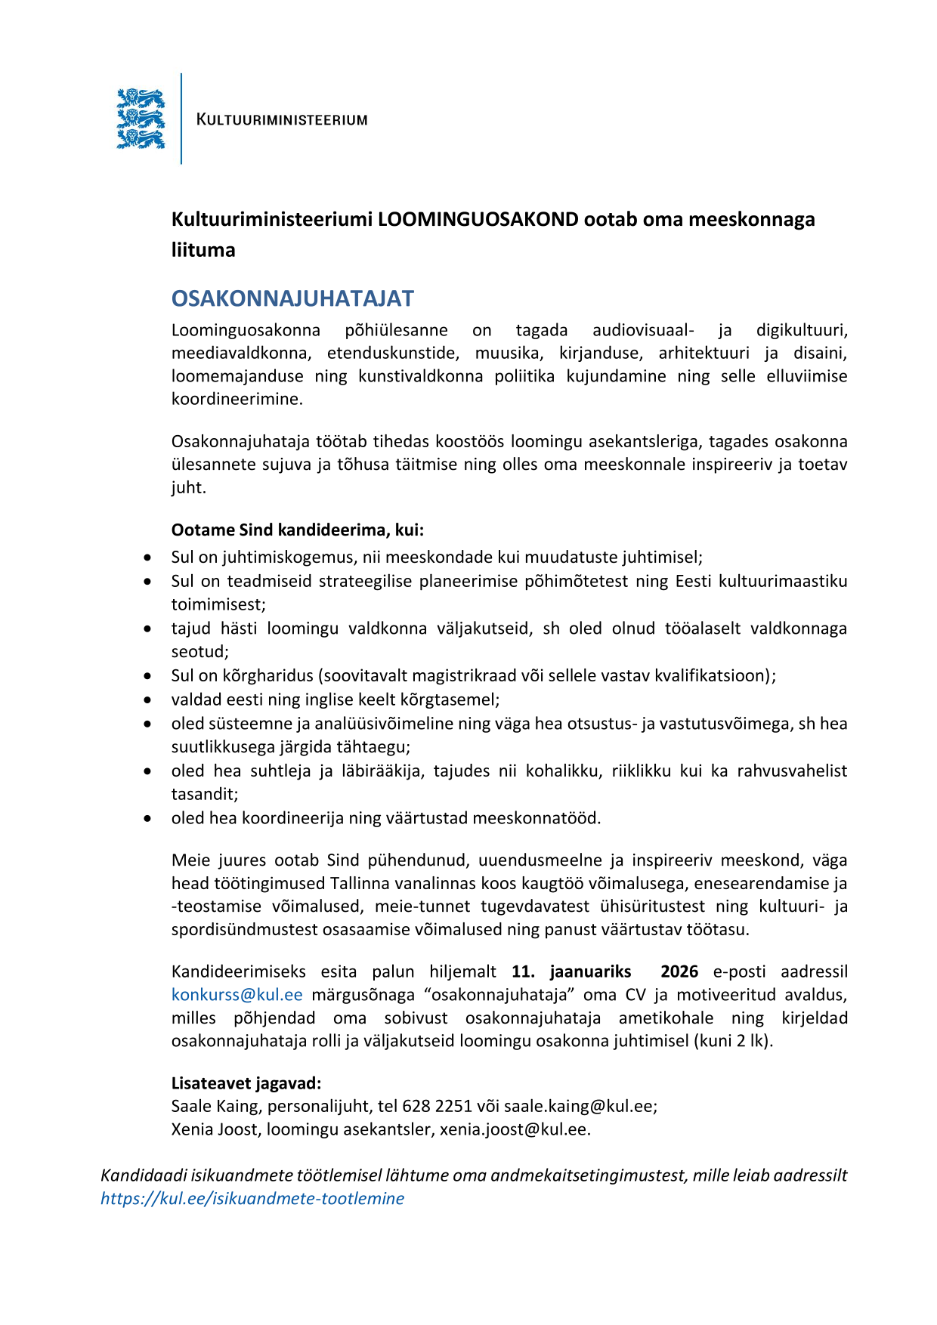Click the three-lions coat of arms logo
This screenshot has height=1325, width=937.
tap(141, 119)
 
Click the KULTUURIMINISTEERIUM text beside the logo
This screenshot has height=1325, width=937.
tap(282, 119)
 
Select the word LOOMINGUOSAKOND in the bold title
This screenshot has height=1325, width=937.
tap(478, 219)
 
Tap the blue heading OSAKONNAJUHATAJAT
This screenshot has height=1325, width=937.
tap(292, 298)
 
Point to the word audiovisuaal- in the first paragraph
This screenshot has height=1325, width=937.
tap(643, 330)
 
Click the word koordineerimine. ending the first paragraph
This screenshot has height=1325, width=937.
tap(237, 399)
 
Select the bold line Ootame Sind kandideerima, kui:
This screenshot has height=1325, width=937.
tap(298, 530)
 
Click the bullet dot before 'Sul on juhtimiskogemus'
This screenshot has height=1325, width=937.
tap(147, 557)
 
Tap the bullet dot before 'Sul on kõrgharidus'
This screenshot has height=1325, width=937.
tap(147, 676)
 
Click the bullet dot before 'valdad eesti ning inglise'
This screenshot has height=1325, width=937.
tap(147, 700)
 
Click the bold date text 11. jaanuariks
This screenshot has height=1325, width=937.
tap(571, 971)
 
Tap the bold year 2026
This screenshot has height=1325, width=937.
tap(679, 971)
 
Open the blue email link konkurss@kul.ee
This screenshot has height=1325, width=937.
tap(237, 995)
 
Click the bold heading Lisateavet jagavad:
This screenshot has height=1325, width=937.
tap(246, 1083)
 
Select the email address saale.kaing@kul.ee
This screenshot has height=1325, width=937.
tap(579, 1106)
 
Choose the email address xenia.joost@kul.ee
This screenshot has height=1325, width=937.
tap(514, 1129)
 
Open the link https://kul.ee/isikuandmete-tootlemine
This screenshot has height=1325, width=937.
tap(252, 1198)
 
